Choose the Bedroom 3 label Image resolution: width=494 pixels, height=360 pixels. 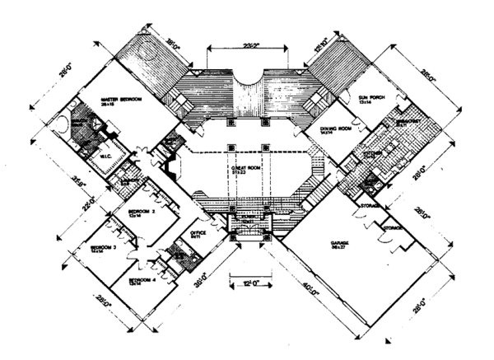[x=104, y=247]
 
